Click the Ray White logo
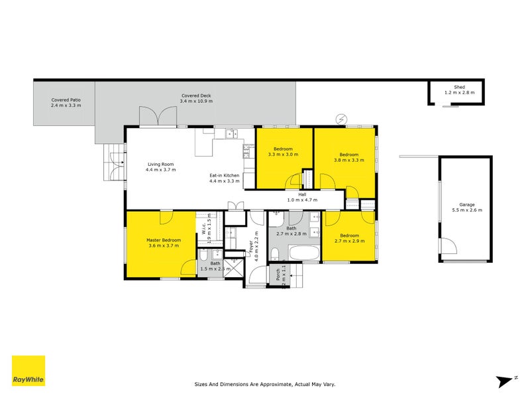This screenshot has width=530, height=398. tap(28, 371)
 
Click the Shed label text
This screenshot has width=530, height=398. tap(459, 90)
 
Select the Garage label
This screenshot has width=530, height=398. tap(466, 207)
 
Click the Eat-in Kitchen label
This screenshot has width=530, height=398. tap(224, 178)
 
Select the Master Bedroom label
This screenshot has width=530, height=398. tap(163, 243)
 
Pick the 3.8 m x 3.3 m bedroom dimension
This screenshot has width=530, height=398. tap(348, 159)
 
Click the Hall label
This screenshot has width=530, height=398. tap(302, 196)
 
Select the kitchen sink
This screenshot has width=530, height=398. tap(232, 134)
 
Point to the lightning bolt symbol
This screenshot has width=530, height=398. tap(342, 119)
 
